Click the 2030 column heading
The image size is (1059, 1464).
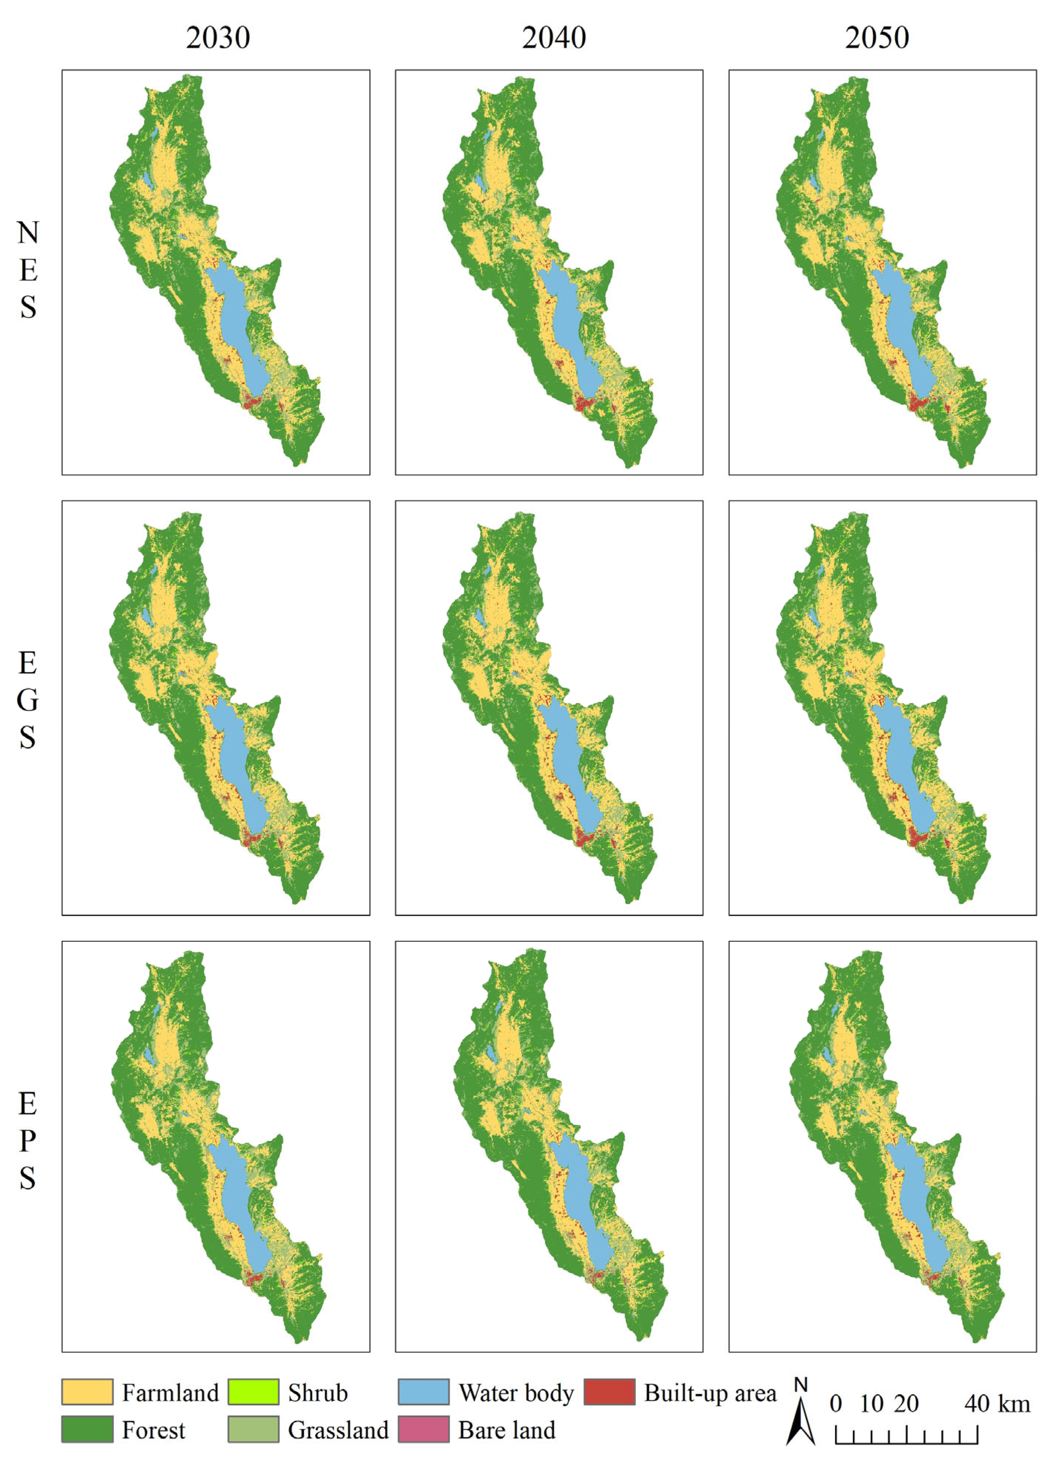pos(218,38)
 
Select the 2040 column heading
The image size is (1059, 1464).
pos(554,38)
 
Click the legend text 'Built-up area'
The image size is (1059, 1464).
pos(710,1393)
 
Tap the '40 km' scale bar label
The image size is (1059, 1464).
pos(997,1404)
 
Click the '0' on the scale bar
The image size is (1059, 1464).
pos(836,1404)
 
